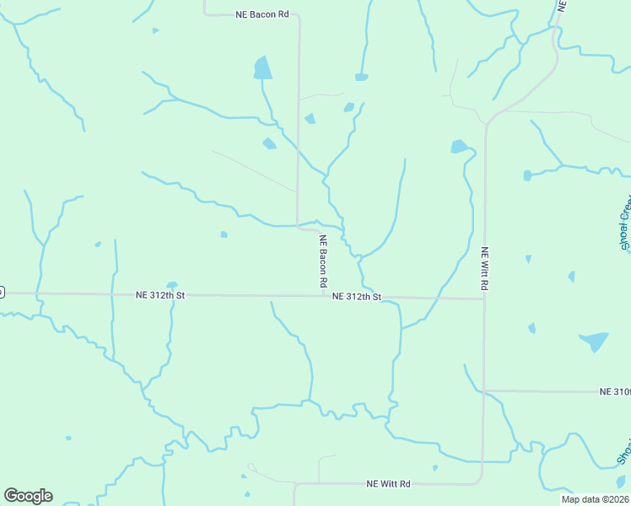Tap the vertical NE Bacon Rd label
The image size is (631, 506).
(322, 261)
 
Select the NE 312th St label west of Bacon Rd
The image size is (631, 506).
(160, 295)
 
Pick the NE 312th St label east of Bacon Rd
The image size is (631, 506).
(357, 297)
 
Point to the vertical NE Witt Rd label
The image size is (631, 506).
(484, 268)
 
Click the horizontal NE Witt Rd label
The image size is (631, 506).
(388, 484)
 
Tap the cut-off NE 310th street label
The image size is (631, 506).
(615, 391)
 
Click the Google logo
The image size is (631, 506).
(28, 495)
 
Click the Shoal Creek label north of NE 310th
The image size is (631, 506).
(625, 223)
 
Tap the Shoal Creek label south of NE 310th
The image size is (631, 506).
(624, 451)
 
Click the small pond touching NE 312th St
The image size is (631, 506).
(172, 285)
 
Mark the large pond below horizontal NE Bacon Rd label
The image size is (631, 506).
(263, 68)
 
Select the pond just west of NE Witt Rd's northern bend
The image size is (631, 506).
(459, 147)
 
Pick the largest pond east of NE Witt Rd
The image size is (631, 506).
(594, 341)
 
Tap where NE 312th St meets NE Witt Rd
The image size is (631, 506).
(483, 299)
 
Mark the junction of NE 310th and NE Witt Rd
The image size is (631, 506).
(483, 391)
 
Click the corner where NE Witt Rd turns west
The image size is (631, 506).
(481, 482)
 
